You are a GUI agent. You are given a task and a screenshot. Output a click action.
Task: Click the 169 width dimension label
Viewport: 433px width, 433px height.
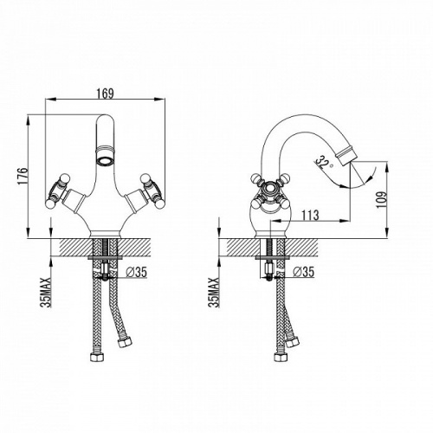point(105,94)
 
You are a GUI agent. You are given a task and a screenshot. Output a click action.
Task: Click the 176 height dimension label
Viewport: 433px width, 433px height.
point(23,176)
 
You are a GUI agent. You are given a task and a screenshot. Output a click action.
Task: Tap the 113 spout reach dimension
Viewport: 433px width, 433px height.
point(310,215)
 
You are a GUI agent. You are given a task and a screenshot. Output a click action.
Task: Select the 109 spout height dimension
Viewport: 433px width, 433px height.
point(381,199)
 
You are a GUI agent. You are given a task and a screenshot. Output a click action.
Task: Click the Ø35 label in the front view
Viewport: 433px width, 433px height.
point(137,272)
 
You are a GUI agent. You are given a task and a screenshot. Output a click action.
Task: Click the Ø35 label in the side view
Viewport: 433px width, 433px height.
point(303,272)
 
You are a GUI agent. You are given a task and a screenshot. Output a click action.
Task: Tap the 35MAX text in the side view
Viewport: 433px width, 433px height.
point(215,292)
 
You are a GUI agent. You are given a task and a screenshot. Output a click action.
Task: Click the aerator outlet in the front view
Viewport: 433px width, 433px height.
point(106,159)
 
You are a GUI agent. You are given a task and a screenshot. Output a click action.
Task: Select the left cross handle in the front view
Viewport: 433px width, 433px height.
point(58,191)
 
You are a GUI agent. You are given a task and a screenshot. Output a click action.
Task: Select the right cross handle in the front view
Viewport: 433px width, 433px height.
point(152,191)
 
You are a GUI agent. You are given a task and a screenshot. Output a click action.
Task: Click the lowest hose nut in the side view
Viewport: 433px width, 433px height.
point(279,357)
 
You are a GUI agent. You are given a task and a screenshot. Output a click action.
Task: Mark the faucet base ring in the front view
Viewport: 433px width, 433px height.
point(105,234)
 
